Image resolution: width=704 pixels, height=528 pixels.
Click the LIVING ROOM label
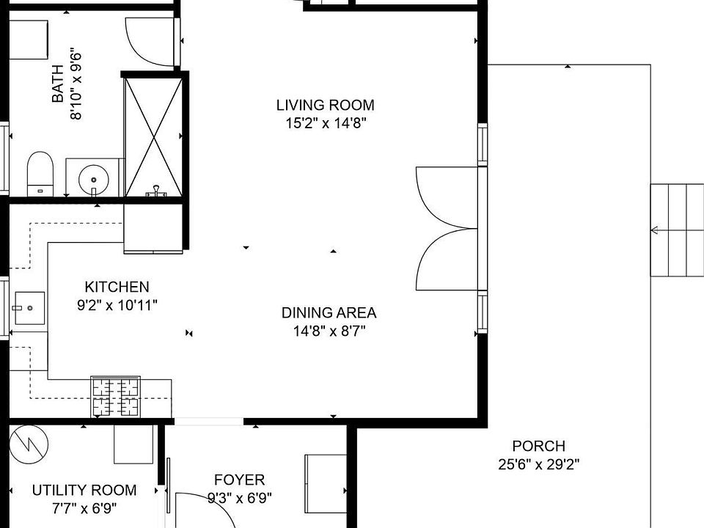click(x=325, y=105)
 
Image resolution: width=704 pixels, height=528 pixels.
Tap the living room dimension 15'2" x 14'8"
click(x=326, y=123)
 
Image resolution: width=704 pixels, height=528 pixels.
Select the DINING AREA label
click(x=329, y=313)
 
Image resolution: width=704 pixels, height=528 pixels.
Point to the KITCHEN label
click(x=117, y=287)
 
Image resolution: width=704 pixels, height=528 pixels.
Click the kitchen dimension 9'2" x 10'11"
click(x=117, y=305)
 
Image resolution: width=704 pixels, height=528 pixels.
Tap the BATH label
click(x=58, y=84)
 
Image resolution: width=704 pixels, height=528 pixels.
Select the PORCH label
click(x=539, y=447)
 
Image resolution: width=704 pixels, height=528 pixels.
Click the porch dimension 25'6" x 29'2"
click(x=539, y=464)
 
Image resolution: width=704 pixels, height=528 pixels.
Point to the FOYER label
click(x=239, y=480)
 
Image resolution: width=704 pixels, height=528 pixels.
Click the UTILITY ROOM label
click(x=84, y=491)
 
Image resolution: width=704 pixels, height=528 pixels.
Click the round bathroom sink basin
click(x=93, y=180)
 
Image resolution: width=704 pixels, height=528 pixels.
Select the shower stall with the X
click(x=153, y=137)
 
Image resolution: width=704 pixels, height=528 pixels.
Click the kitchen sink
click(x=30, y=308)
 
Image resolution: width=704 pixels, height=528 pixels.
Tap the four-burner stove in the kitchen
click(x=116, y=397)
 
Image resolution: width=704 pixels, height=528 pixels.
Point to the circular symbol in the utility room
click(x=29, y=444)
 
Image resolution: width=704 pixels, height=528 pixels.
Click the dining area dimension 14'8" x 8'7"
click(x=329, y=331)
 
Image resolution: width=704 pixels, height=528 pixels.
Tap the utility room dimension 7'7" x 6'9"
click(x=84, y=509)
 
